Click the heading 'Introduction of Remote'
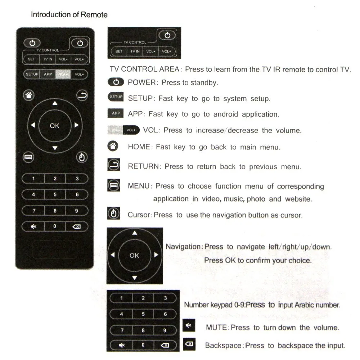69,15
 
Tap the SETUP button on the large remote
32,74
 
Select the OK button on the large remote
55,126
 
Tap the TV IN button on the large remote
48,59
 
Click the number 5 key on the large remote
55,195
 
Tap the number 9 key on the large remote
77,211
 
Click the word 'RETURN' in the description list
143,167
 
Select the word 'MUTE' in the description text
217,328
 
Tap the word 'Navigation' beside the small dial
184,247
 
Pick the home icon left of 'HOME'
113,146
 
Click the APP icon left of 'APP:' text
116,113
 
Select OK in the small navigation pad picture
134,255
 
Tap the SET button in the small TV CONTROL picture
119,51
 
